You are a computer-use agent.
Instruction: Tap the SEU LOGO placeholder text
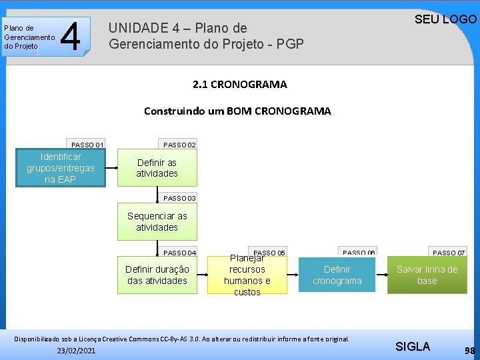[445, 19]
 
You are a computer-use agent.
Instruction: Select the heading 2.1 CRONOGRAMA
[239, 85]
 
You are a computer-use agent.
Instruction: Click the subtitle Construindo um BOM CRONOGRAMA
[237, 111]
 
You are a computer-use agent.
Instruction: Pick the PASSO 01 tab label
[87, 145]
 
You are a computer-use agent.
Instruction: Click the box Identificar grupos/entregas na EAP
[61, 168]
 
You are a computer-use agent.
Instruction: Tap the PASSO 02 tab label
[179, 145]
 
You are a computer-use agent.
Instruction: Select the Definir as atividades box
[157, 168]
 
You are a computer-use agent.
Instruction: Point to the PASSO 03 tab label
[179, 198]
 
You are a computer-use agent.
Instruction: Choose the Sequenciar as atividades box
[157, 221]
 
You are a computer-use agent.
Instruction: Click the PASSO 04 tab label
[179, 253]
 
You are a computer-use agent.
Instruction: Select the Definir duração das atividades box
[157, 275]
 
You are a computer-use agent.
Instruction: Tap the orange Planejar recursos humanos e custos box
[247, 275]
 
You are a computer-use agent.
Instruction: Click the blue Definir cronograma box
[337, 275]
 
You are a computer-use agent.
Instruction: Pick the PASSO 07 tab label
[449, 253]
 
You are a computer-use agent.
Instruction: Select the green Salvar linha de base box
[427, 275]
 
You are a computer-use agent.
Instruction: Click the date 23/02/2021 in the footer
[76, 350]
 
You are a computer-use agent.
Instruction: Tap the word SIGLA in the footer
[413, 346]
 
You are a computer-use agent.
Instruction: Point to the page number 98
[470, 350]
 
